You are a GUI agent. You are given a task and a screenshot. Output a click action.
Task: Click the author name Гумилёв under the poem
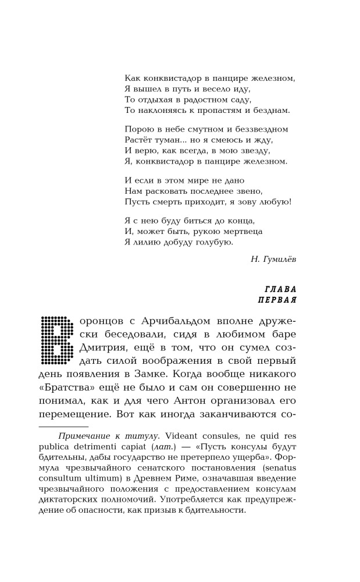coord(278,260)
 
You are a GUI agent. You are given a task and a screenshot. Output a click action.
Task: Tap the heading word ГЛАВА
coord(280,289)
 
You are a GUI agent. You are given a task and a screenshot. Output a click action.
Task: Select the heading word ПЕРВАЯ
coord(277,300)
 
